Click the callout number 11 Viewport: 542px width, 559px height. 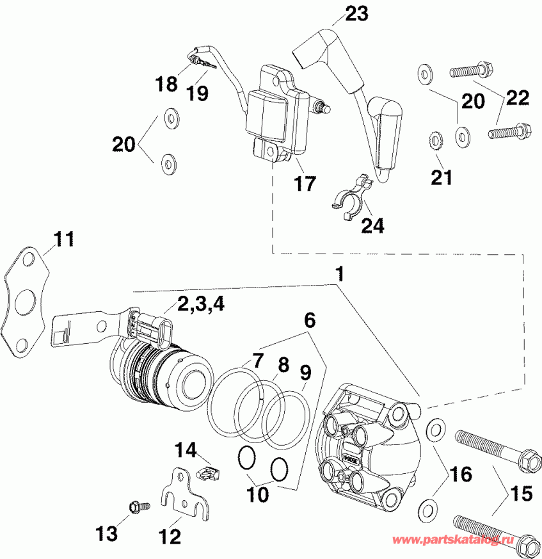click(63, 240)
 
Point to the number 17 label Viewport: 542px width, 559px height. click(305, 184)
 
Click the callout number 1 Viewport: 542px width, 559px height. click(340, 273)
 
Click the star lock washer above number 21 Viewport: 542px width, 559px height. click(433, 140)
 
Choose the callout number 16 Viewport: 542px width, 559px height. click(460, 475)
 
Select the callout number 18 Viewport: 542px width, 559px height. click(167, 84)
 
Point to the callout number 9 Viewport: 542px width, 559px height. click(305, 371)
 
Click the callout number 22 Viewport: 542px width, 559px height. click(516, 97)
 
